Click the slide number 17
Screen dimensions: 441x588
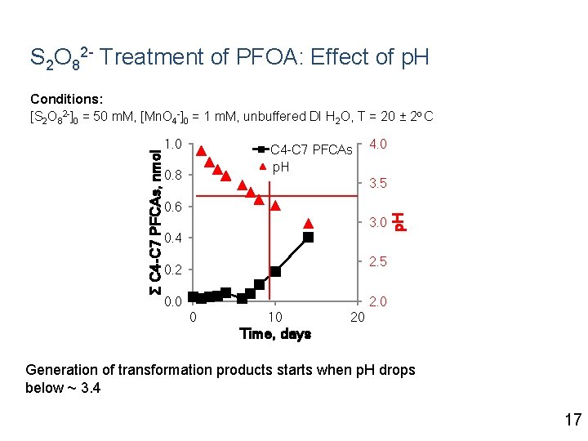[572, 420]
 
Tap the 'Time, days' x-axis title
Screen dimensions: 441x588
[275, 334]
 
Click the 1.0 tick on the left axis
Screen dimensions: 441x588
[172, 145]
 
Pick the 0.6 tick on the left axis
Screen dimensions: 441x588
[172, 207]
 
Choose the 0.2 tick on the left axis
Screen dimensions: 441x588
[172, 270]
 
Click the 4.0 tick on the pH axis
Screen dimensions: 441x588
[377, 145]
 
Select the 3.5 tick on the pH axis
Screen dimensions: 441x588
[377, 184]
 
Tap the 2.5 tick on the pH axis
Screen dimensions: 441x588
[377, 262]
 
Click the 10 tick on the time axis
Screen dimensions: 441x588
[275, 317]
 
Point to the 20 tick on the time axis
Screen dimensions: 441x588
[357, 317]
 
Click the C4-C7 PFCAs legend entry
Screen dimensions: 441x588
[311, 150]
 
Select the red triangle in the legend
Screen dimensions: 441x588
[261, 167]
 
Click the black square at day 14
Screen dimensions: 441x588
[308, 238]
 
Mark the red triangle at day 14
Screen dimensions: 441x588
[308, 223]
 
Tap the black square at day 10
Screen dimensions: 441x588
[275, 271]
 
